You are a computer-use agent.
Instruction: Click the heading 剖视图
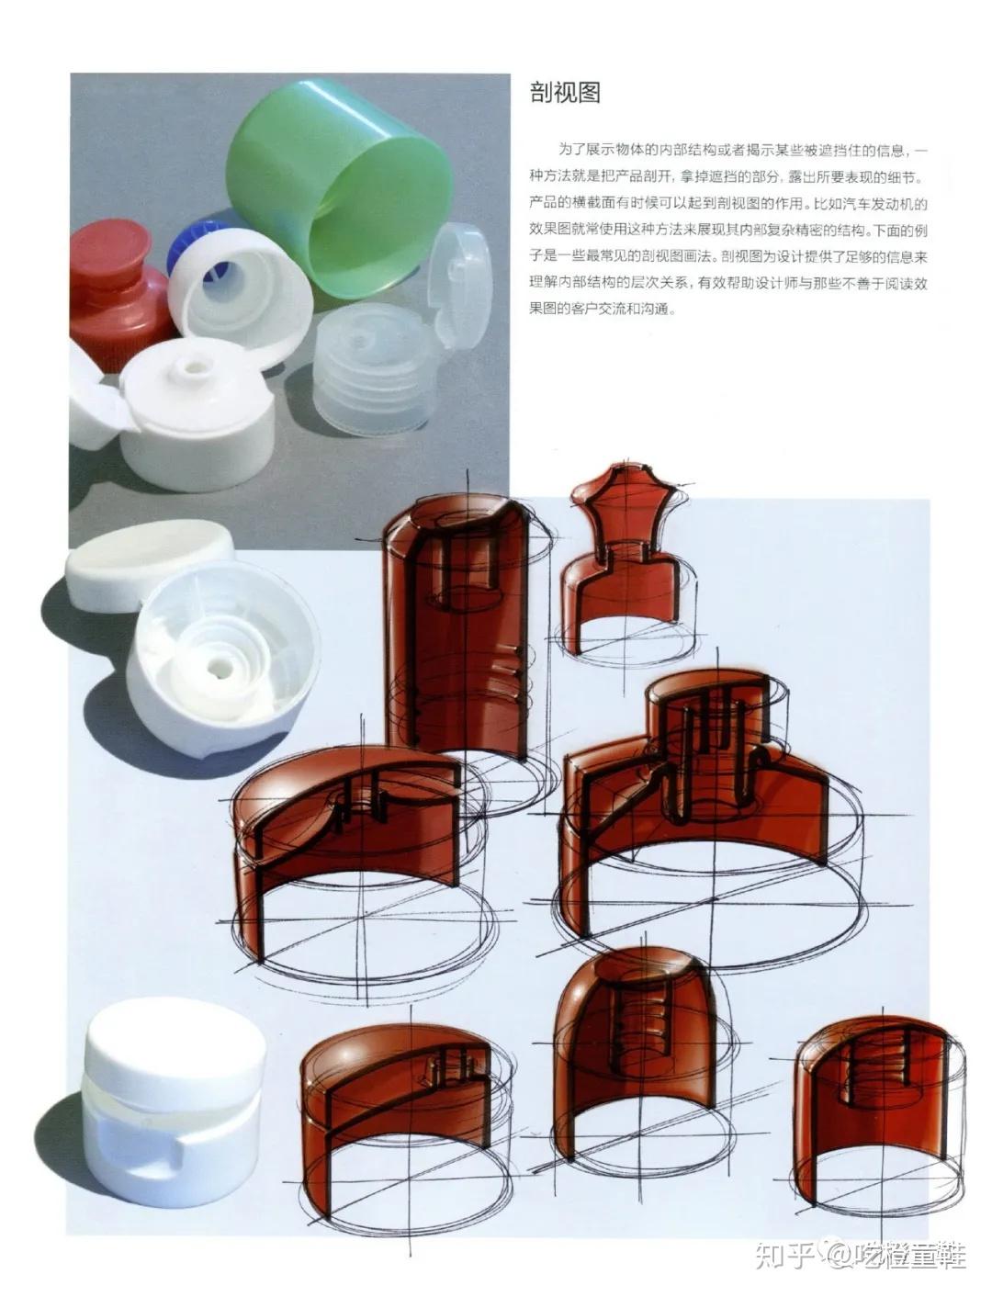tap(564, 93)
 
